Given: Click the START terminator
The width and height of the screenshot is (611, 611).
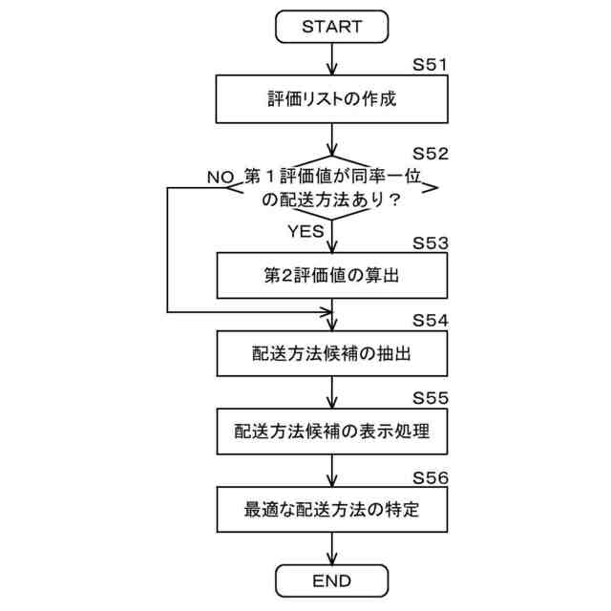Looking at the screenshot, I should pyautogui.click(x=331, y=26).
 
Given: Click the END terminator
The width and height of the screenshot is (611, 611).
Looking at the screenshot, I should pyautogui.click(x=331, y=579).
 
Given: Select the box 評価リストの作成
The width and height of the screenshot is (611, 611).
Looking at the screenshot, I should pyautogui.click(x=331, y=98).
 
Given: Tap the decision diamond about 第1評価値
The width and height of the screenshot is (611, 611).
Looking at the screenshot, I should pyautogui.click(x=331, y=188).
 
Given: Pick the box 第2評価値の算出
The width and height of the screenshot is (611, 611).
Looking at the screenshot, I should pyautogui.click(x=331, y=277).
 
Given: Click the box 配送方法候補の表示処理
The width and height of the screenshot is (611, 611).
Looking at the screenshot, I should pyautogui.click(x=331, y=431).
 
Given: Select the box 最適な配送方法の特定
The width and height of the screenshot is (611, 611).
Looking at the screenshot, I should pyautogui.click(x=331, y=509).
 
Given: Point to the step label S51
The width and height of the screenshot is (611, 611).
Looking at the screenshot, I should pyautogui.click(x=430, y=66).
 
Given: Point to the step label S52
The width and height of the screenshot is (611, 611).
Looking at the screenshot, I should pyautogui.click(x=430, y=154).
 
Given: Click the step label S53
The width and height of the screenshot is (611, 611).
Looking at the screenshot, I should pyautogui.click(x=430, y=242).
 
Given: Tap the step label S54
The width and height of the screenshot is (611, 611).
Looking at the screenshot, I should pyautogui.click(x=430, y=319).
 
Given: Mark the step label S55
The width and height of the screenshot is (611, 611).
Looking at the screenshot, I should pyautogui.click(x=430, y=397).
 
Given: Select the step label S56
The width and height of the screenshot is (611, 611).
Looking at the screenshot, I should pyautogui.click(x=430, y=475).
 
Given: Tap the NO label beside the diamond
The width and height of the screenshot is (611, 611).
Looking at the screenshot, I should pyautogui.click(x=221, y=177).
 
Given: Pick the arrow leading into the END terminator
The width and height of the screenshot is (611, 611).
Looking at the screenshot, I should pyautogui.click(x=331, y=549).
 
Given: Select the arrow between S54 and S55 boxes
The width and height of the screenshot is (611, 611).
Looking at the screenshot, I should pyautogui.click(x=331, y=391).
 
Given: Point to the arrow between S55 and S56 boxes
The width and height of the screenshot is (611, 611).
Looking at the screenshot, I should pyautogui.click(x=331, y=470).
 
